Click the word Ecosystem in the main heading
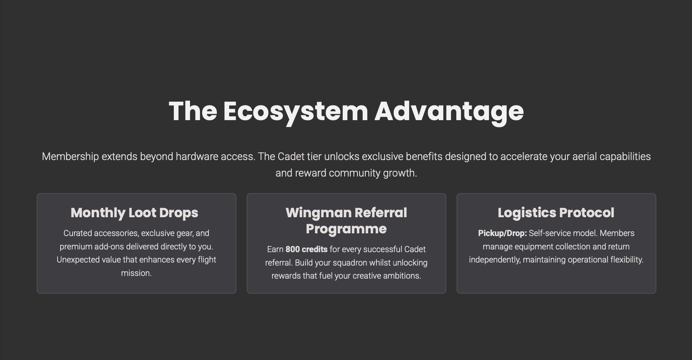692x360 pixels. point(296,112)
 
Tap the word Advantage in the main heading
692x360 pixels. point(449,112)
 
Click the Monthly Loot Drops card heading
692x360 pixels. point(134,213)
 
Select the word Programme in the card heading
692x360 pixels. point(346,229)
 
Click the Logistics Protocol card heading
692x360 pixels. point(556,213)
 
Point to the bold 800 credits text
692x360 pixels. point(306,249)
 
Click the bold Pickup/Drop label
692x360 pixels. point(502,233)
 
